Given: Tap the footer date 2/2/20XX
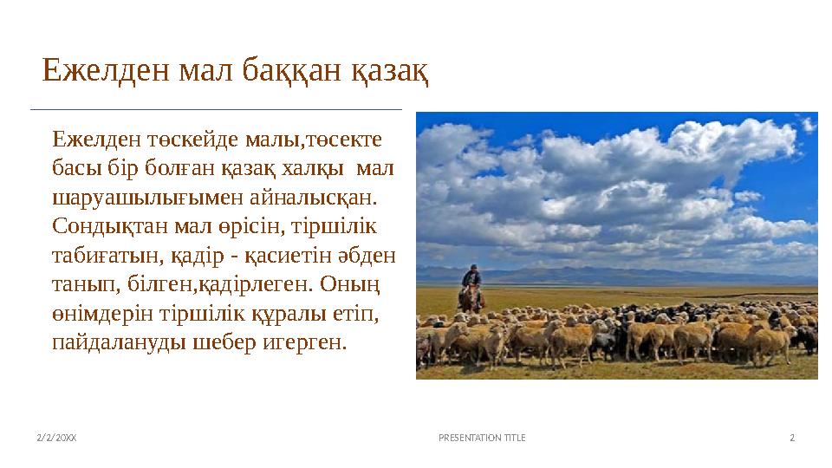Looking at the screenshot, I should coord(56,439).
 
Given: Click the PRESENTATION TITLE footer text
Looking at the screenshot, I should coord(482,439).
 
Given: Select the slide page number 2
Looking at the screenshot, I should coord(791,439).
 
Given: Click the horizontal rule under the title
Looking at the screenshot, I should coord(217,110).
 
